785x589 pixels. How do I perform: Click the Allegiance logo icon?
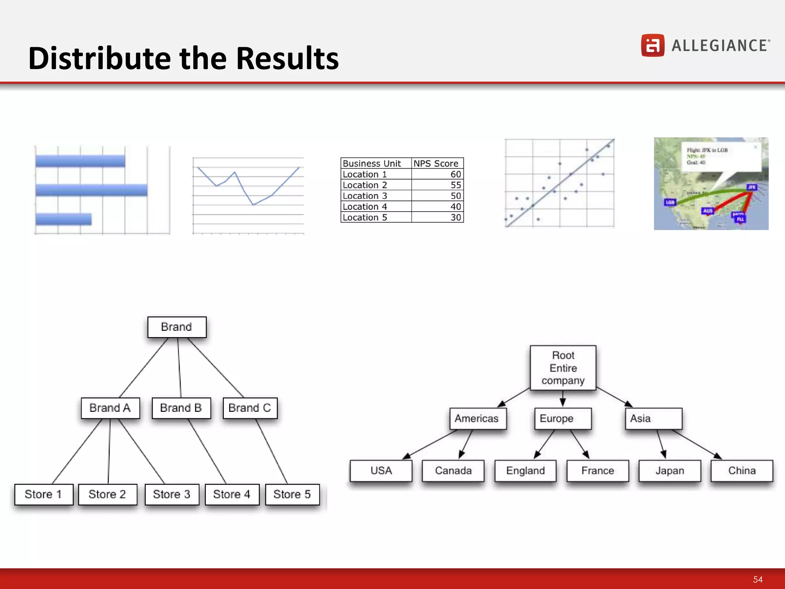[x=652, y=45]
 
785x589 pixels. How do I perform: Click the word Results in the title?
[x=287, y=58]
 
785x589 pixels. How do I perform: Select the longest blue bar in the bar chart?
[x=91, y=190]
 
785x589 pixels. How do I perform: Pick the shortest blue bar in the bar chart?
[x=64, y=219]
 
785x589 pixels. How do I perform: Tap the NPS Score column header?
[x=437, y=163]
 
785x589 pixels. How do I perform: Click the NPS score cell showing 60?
[x=455, y=174]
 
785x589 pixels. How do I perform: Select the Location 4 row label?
[x=365, y=207]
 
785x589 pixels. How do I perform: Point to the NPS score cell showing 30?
[x=455, y=217]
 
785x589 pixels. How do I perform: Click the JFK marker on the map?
[x=752, y=187]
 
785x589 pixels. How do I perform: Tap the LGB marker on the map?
[x=670, y=202]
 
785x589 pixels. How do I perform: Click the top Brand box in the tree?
[x=177, y=327]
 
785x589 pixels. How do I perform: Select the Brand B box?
[x=181, y=408]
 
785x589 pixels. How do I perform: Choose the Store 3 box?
[x=171, y=494]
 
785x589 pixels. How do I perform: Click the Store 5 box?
[x=292, y=494]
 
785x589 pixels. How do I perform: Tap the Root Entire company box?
[x=563, y=368]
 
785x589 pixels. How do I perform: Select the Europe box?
[x=563, y=418]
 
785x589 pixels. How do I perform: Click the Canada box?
[x=453, y=471]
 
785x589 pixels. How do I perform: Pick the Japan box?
[x=669, y=471]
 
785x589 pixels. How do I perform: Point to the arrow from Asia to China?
[x=697, y=444]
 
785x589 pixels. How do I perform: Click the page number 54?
[x=757, y=579]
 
